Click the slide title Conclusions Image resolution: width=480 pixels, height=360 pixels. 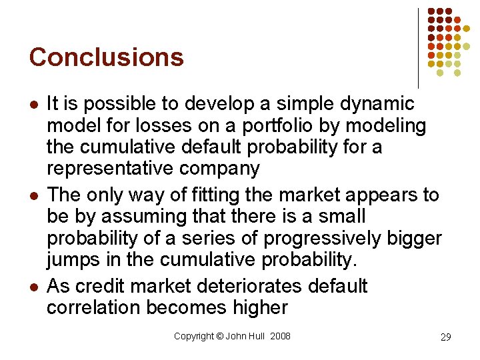click(x=106, y=57)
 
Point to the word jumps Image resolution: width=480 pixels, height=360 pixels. click(x=74, y=260)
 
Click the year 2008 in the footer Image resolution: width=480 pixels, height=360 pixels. click(x=280, y=336)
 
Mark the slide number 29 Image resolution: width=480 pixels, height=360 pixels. click(x=445, y=337)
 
